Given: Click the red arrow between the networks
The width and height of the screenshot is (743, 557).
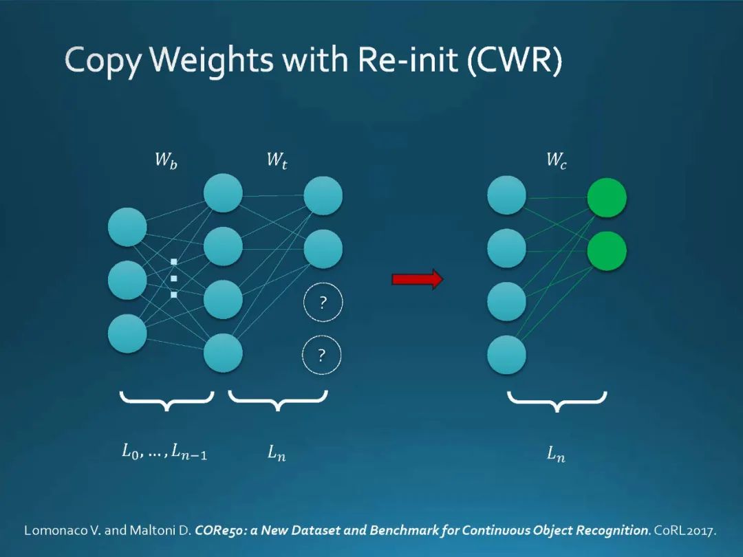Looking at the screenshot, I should (x=417, y=278).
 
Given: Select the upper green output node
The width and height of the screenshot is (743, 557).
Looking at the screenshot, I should (x=606, y=197).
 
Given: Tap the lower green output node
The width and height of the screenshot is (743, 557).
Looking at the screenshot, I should (x=606, y=251).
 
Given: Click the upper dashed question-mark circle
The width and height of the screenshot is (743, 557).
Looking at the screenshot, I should (x=322, y=303).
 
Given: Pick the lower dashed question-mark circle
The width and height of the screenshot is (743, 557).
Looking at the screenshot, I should (x=322, y=355).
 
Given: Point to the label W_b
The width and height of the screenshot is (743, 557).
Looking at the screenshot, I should (x=165, y=162).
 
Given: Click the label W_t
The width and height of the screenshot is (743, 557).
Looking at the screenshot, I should (x=277, y=162).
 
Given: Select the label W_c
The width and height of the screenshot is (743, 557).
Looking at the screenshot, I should (x=556, y=162).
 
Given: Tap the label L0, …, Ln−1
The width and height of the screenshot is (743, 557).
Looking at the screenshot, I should (x=164, y=452).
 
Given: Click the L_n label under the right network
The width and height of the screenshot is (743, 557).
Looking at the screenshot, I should (x=556, y=454).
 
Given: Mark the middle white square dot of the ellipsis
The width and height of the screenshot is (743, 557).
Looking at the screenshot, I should (x=174, y=278).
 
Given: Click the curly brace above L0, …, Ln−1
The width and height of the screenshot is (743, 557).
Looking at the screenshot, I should (x=166, y=400).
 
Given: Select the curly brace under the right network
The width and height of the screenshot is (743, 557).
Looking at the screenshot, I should (x=557, y=401).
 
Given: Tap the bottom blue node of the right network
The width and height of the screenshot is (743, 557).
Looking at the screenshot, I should (x=506, y=355).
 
